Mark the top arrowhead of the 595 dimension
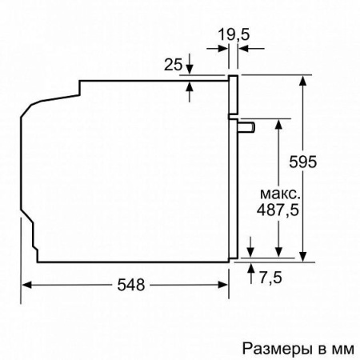click(304, 81)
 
